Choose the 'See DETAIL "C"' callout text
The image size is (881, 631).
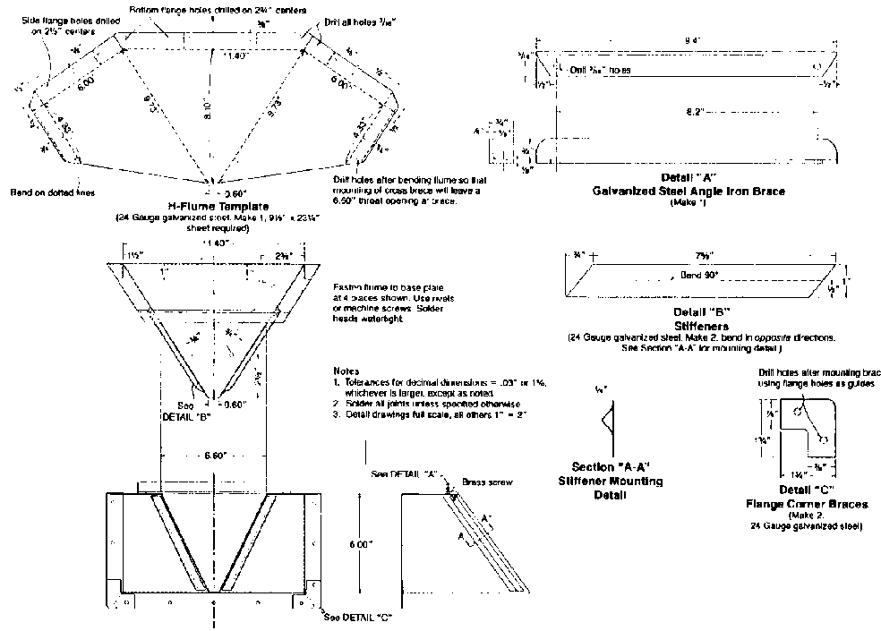(361, 617)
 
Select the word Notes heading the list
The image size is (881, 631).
(345, 370)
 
